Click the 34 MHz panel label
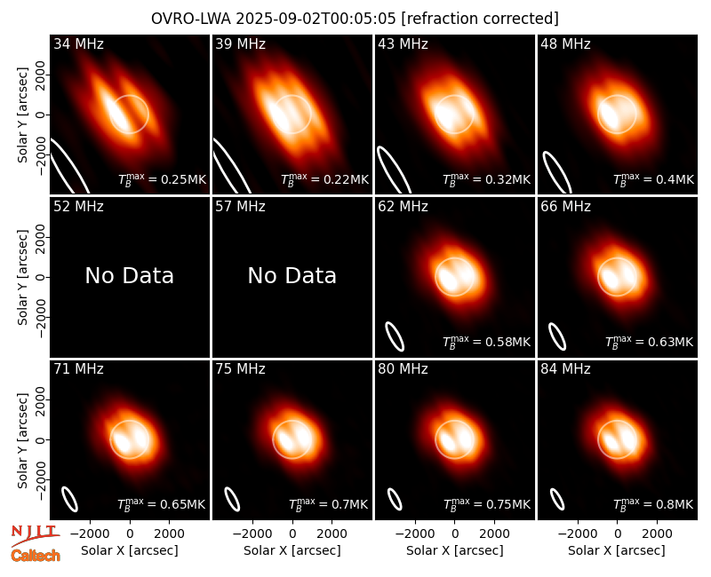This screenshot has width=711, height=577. [x=78, y=43]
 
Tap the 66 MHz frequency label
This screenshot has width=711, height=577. [x=565, y=207]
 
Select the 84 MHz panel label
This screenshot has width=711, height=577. [x=565, y=369]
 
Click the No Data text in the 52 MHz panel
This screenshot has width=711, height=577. [x=130, y=275]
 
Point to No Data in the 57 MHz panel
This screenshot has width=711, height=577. [x=292, y=275]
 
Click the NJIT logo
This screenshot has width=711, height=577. [x=35, y=535]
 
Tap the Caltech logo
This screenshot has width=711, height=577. [x=36, y=556]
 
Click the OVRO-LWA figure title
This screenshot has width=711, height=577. [x=355, y=19]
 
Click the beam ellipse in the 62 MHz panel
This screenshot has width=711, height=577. [x=395, y=336]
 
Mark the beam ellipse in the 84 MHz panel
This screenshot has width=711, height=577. [x=557, y=500]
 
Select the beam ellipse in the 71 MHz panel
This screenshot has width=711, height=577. [x=70, y=500]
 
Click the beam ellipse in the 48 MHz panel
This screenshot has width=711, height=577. [x=557, y=172]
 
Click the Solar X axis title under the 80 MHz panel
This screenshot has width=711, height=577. [x=455, y=550]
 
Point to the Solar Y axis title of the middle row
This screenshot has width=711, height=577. [x=22, y=277]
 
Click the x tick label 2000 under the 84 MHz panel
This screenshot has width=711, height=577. [x=657, y=534]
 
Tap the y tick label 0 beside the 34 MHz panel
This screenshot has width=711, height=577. [x=41, y=115]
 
